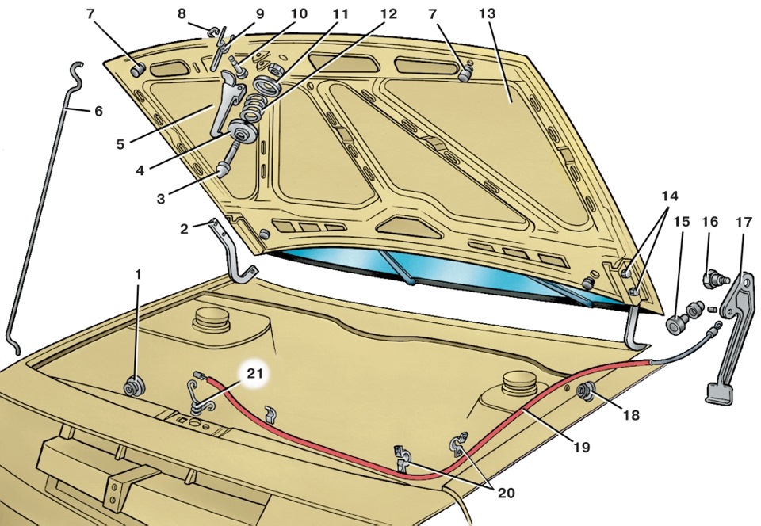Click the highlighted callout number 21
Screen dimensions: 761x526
tap(254, 373)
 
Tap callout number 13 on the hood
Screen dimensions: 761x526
tap(487, 13)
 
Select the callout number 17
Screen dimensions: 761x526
tap(744, 223)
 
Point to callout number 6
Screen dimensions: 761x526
tap(98, 112)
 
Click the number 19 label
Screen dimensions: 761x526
tap(581, 447)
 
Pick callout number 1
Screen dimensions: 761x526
tap(138, 275)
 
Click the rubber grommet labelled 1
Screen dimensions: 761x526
tap(133, 387)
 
